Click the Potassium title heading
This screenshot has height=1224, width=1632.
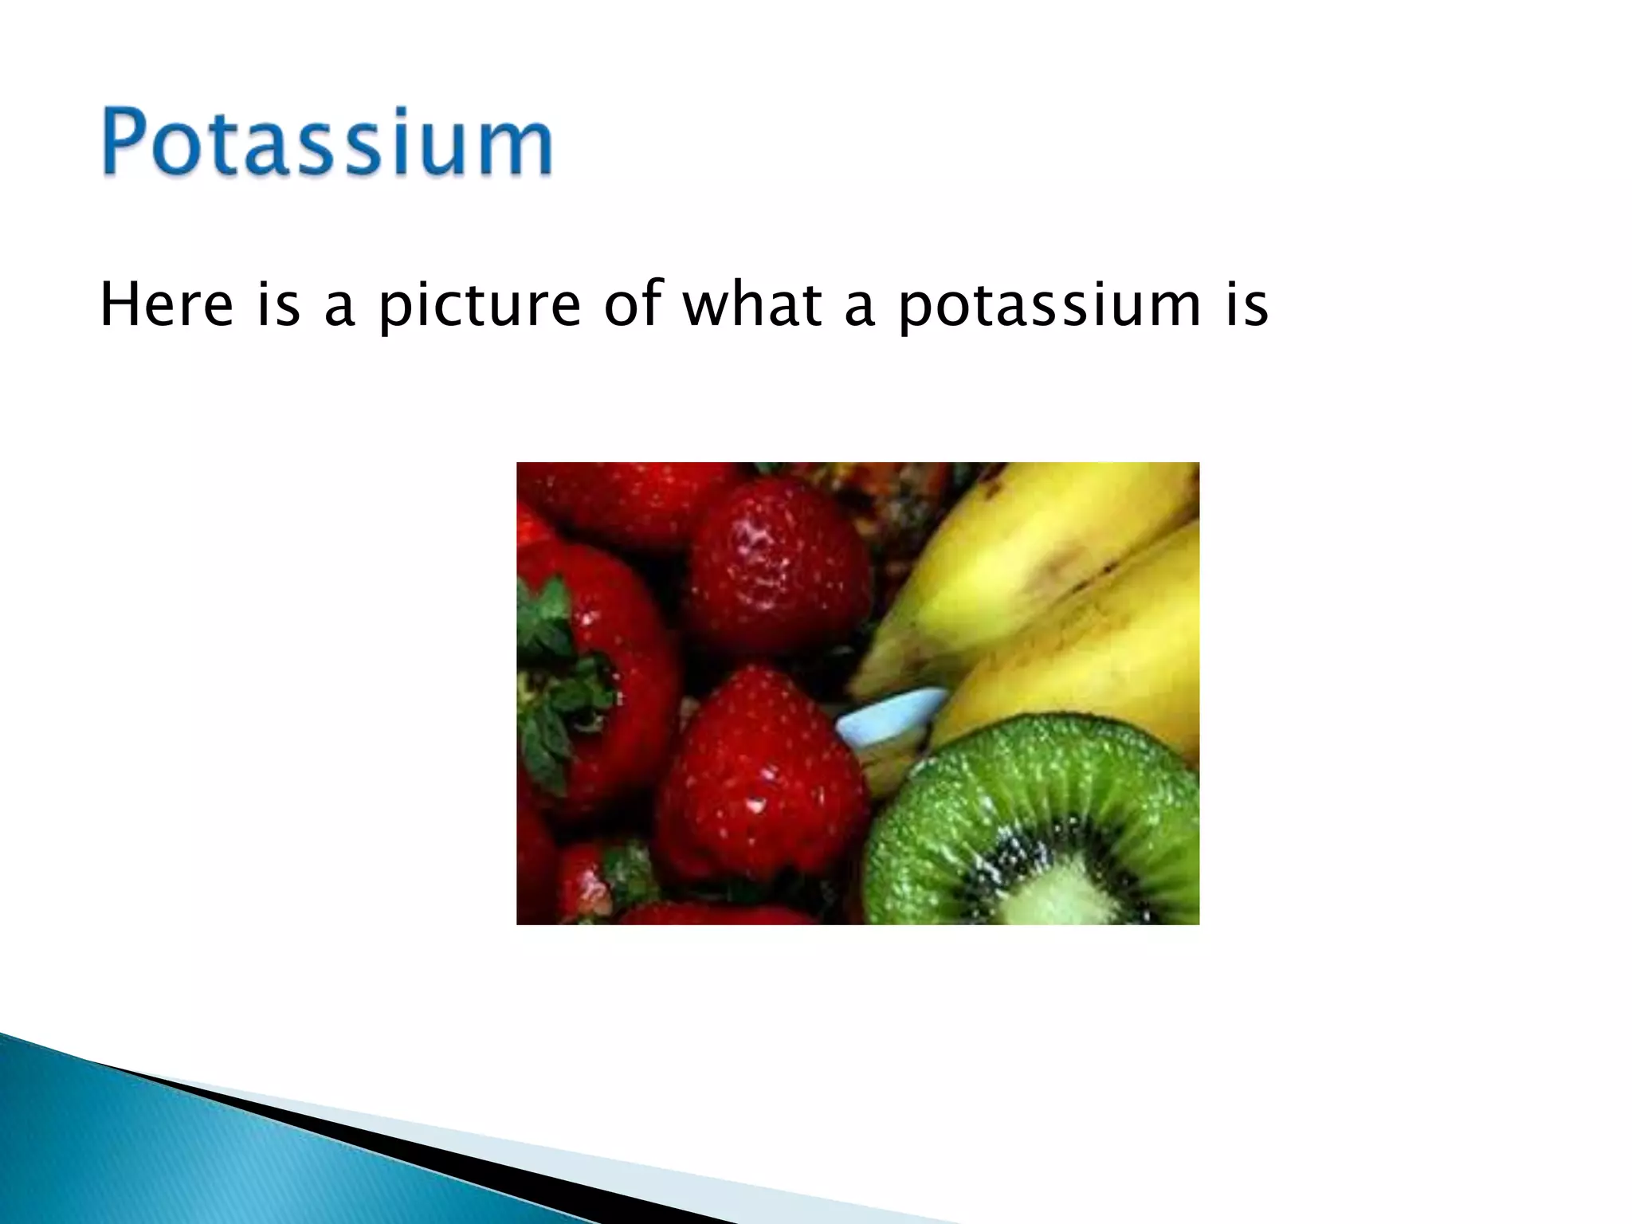327,142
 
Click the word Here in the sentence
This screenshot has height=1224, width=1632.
167,305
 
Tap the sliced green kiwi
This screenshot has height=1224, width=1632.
1036,821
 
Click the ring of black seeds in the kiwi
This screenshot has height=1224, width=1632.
996,869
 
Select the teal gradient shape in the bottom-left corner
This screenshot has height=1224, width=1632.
159,1155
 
